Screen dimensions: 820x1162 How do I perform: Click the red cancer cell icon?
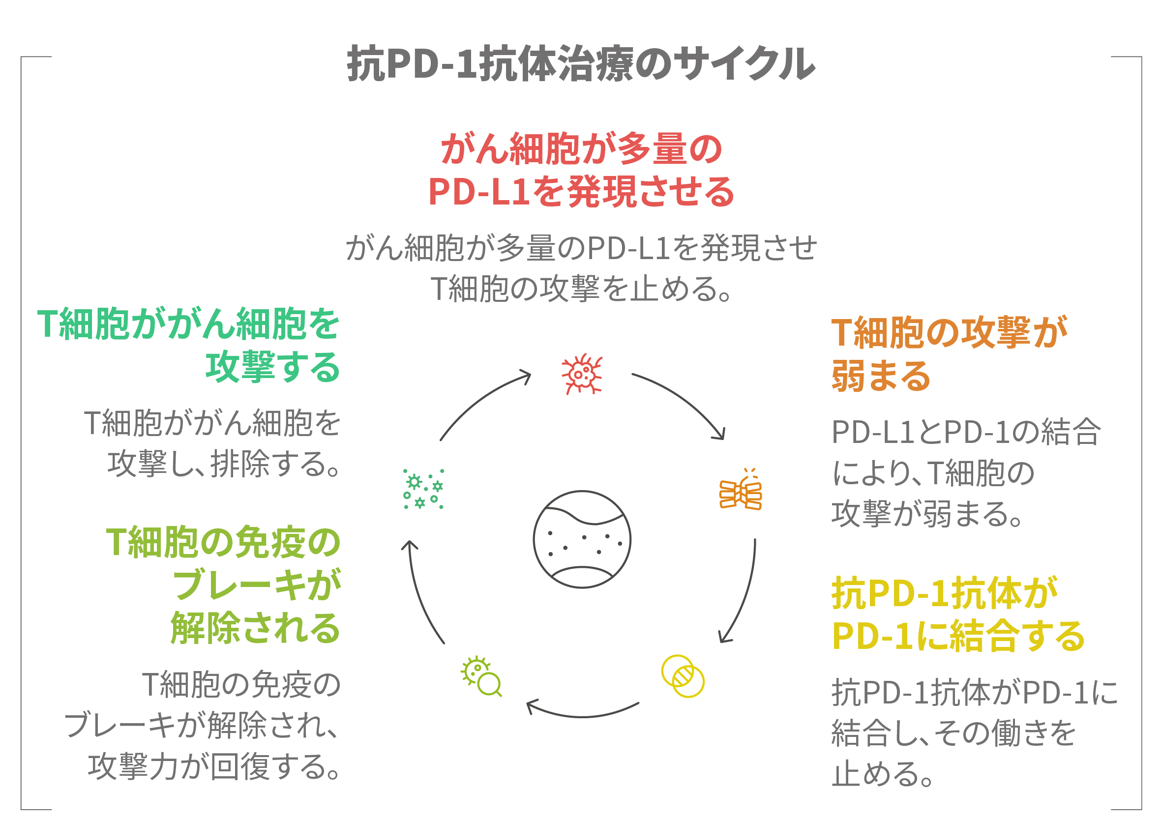pyautogui.click(x=582, y=374)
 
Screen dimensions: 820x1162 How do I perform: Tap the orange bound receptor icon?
pyautogui.click(x=741, y=491)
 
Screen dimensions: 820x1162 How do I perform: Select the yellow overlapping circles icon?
pyautogui.click(x=683, y=676)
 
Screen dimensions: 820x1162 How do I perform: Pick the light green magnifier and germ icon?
pyautogui.click(x=481, y=677)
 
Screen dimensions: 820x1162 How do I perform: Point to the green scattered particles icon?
pyautogui.click(x=423, y=489)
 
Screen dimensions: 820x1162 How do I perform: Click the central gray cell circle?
pyautogui.click(x=582, y=539)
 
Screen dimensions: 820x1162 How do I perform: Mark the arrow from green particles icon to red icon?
pyautogui.click(x=481, y=400)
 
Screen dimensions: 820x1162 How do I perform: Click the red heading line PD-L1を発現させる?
pyautogui.click(x=581, y=192)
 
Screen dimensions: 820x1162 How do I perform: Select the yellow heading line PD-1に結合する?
pyautogui.click(x=958, y=636)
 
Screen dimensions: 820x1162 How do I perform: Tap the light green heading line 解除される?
pyautogui.click(x=255, y=628)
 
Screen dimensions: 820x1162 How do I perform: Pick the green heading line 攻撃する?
pyautogui.click(x=272, y=367)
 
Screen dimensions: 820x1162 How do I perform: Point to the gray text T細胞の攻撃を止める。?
pyautogui.click(x=581, y=290)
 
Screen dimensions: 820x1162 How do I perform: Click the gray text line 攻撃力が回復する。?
pyautogui.click(x=213, y=767)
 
